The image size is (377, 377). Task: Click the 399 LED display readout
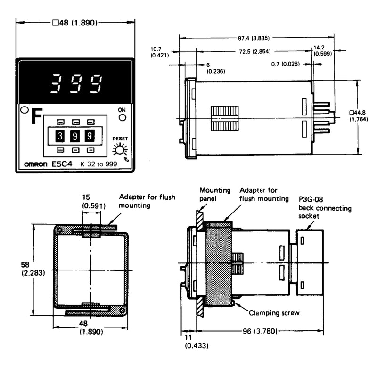tap(76, 84)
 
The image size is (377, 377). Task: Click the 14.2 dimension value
tap(319, 48)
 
